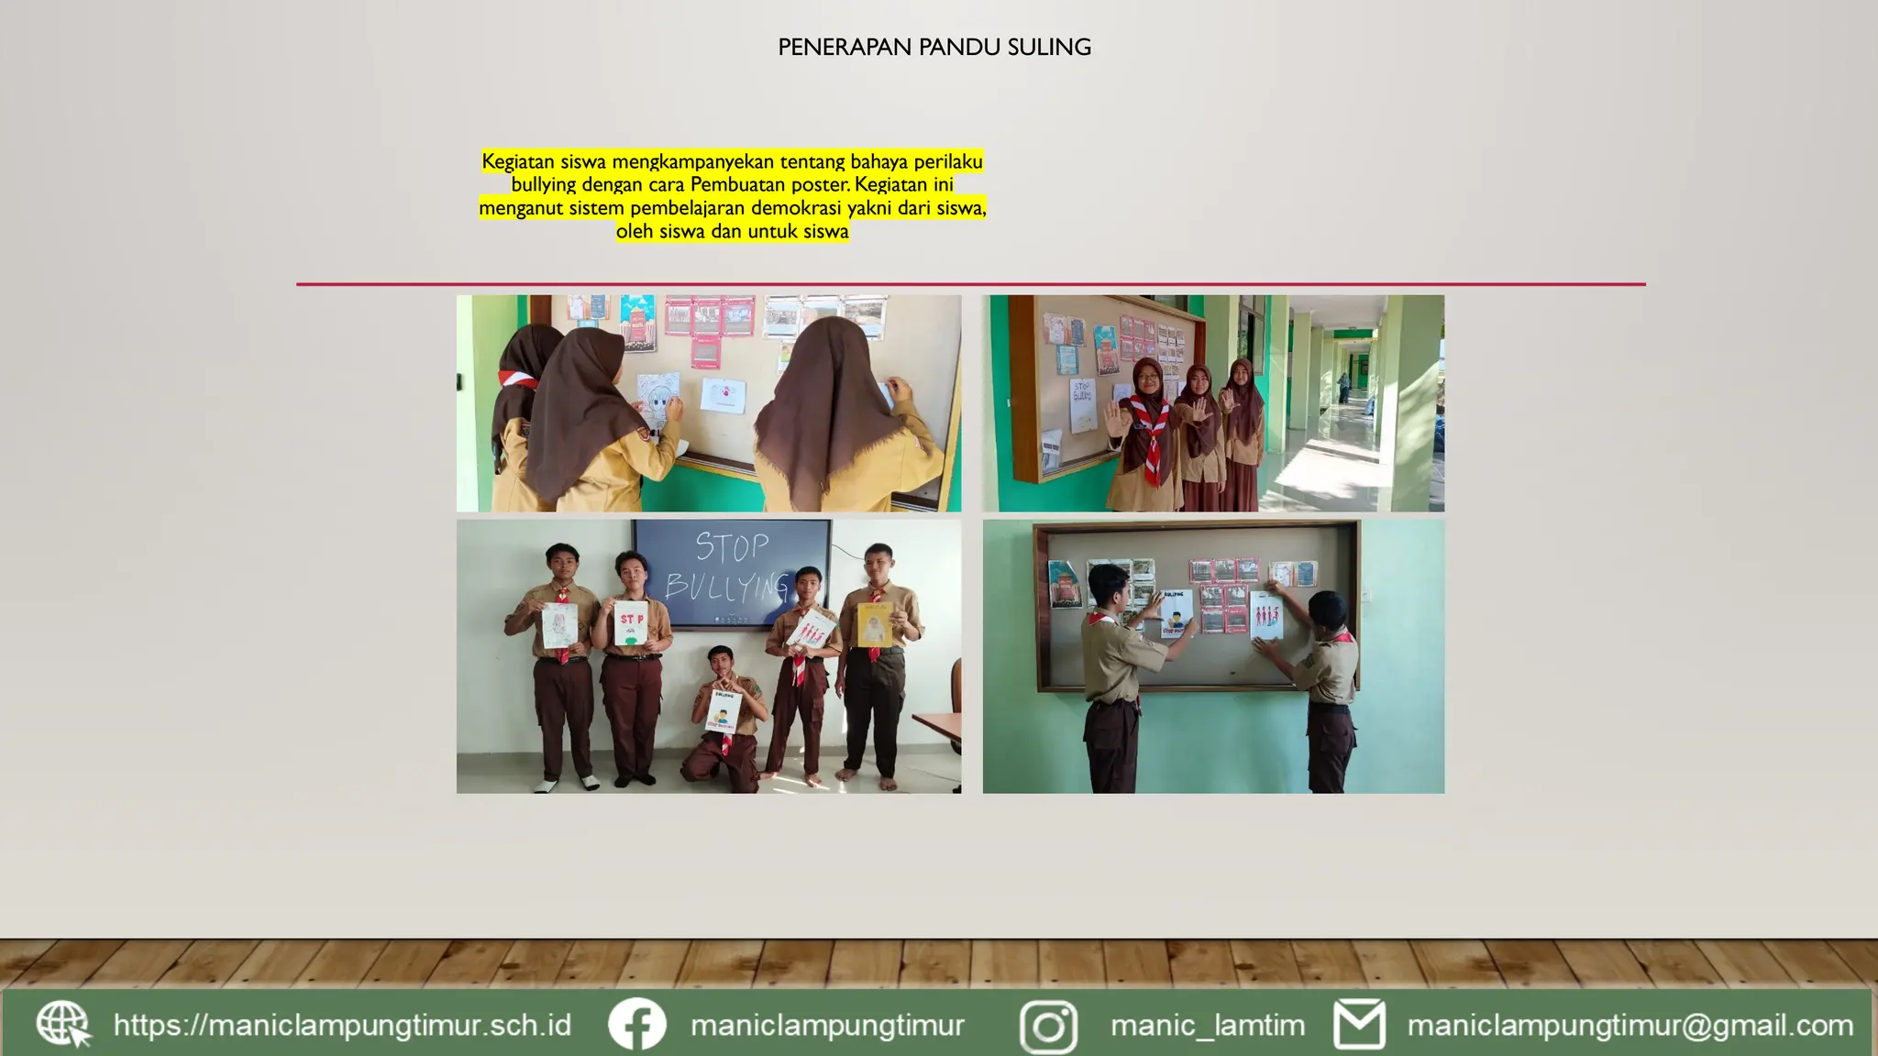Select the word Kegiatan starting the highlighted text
517,162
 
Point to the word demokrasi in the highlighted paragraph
794,208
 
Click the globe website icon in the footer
63,1025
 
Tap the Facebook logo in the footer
636,1024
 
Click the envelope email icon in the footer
1359,1025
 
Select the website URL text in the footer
342,1025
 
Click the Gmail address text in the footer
1629,1025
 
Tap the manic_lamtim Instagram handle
1207,1025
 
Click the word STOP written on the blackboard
732,547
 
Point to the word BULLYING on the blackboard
726,585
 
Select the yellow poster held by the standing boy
875,625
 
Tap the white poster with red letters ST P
631,623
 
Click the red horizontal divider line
970,284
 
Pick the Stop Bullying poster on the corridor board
1083,406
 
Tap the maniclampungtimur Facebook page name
827,1025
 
